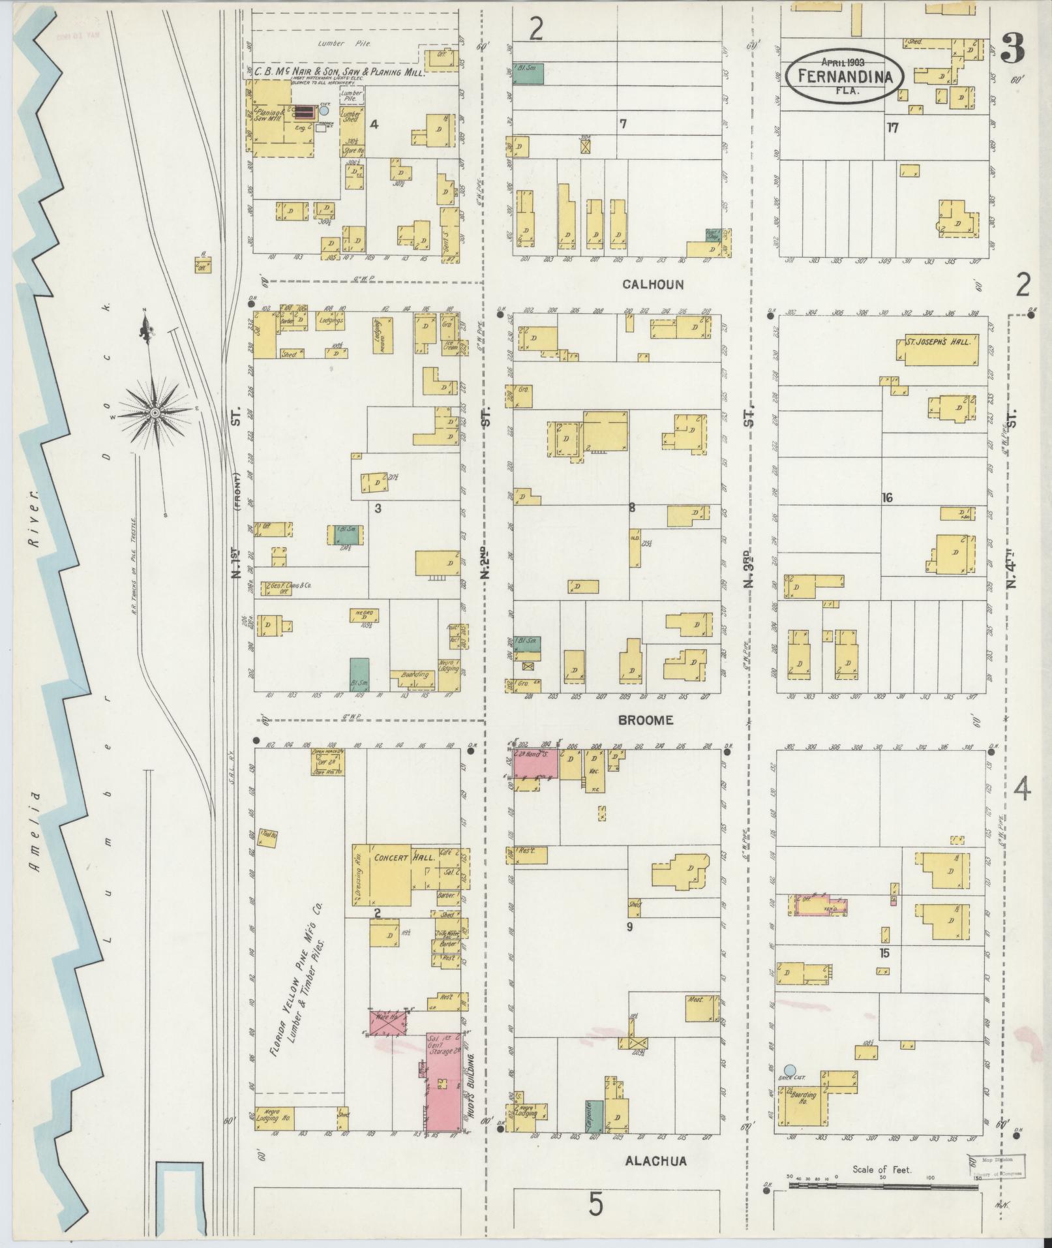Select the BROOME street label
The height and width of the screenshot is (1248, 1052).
(645, 720)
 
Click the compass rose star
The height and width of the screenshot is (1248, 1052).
(155, 413)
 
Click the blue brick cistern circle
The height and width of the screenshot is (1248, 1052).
(789, 1069)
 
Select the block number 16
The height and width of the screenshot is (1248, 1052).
(886, 498)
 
